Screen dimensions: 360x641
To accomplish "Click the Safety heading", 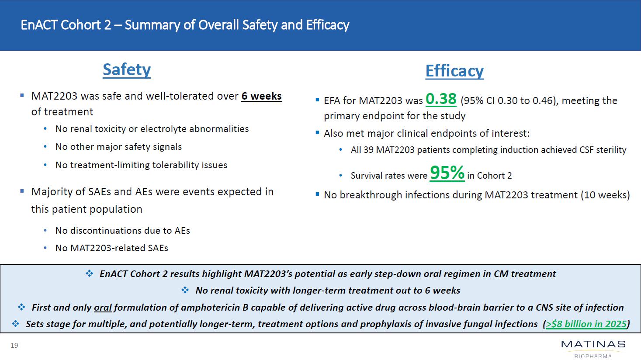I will pos(127,70).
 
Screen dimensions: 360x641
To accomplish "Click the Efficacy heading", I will pos(454,71).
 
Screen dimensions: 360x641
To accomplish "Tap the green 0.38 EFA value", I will pos(441,99).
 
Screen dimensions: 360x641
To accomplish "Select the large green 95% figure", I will pos(447,173).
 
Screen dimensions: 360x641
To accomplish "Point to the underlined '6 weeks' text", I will pos(261,96).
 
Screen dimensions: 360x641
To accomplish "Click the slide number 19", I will pos(14,346).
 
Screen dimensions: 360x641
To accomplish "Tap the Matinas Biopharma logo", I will pos(593,349).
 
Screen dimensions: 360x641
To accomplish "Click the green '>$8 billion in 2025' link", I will pos(586,324).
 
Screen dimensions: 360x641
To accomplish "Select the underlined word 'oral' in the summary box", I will pos(103,308).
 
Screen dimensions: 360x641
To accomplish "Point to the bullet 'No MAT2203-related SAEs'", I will pos(111,248).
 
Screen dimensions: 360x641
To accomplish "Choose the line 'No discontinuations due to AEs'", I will pos(122,231).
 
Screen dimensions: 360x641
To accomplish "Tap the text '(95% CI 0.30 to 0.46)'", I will pos(508,101).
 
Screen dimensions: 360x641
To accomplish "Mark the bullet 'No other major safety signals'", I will pos(118,147).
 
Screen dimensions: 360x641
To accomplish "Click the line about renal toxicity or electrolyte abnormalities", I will pos(152,129).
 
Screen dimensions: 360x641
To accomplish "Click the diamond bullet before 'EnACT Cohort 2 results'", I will pos(90,274).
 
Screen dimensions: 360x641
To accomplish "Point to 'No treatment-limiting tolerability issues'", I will pos(141,165).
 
